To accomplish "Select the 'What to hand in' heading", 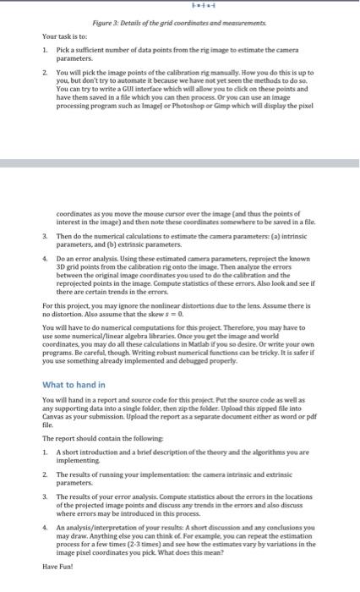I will click(74, 385).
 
